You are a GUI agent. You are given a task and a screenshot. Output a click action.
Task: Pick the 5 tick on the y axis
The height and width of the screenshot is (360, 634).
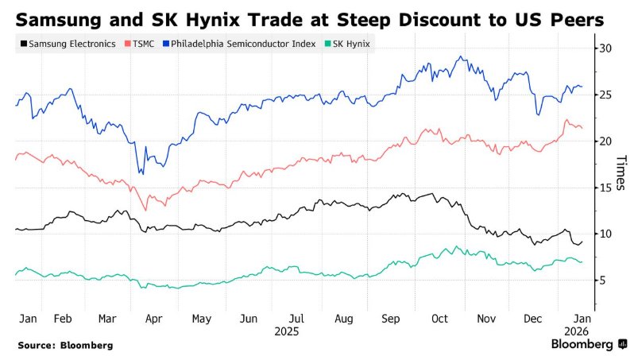[605, 281]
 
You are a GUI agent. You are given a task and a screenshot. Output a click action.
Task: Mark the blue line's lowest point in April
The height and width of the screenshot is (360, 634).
[141, 173]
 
